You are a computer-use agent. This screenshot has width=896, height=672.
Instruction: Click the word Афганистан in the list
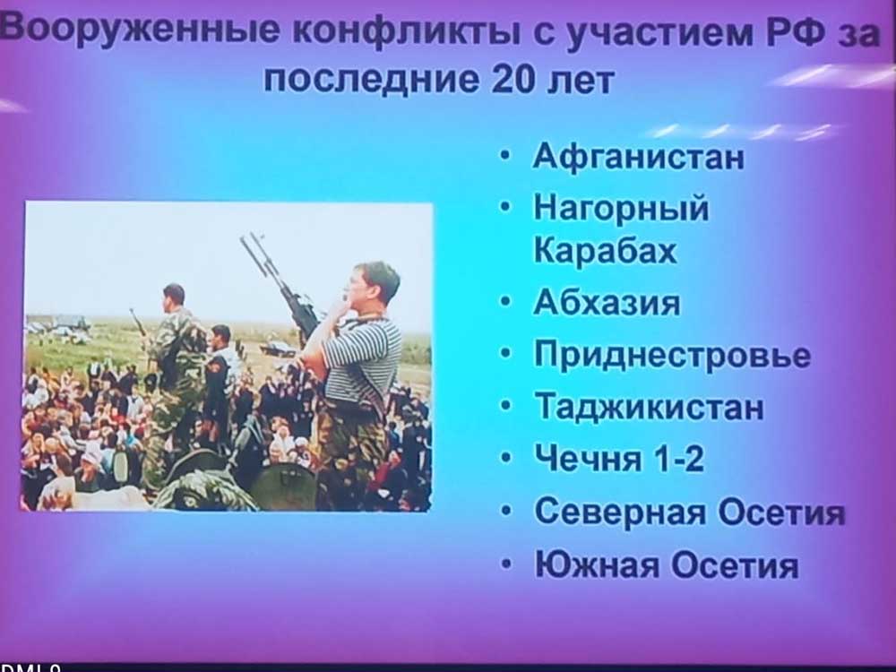pos(638,155)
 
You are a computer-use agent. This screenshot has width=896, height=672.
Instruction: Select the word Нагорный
pos(621,208)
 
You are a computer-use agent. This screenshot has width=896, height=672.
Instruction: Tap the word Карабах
pos(605,250)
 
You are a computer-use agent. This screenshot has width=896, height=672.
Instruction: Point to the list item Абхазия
pos(607,302)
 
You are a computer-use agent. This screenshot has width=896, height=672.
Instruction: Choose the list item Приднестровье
pos(673,355)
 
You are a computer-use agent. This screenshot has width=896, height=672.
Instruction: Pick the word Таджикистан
pos(649,406)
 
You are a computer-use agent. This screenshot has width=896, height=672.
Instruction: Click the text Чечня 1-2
pos(619,458)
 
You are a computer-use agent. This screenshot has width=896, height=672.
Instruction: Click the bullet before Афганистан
pos(504,155)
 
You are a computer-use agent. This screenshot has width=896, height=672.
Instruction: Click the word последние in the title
pos(371,80)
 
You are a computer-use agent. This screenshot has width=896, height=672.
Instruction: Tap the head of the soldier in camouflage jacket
pos(173,297)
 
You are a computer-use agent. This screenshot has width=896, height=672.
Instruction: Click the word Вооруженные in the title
pos(141,30)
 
